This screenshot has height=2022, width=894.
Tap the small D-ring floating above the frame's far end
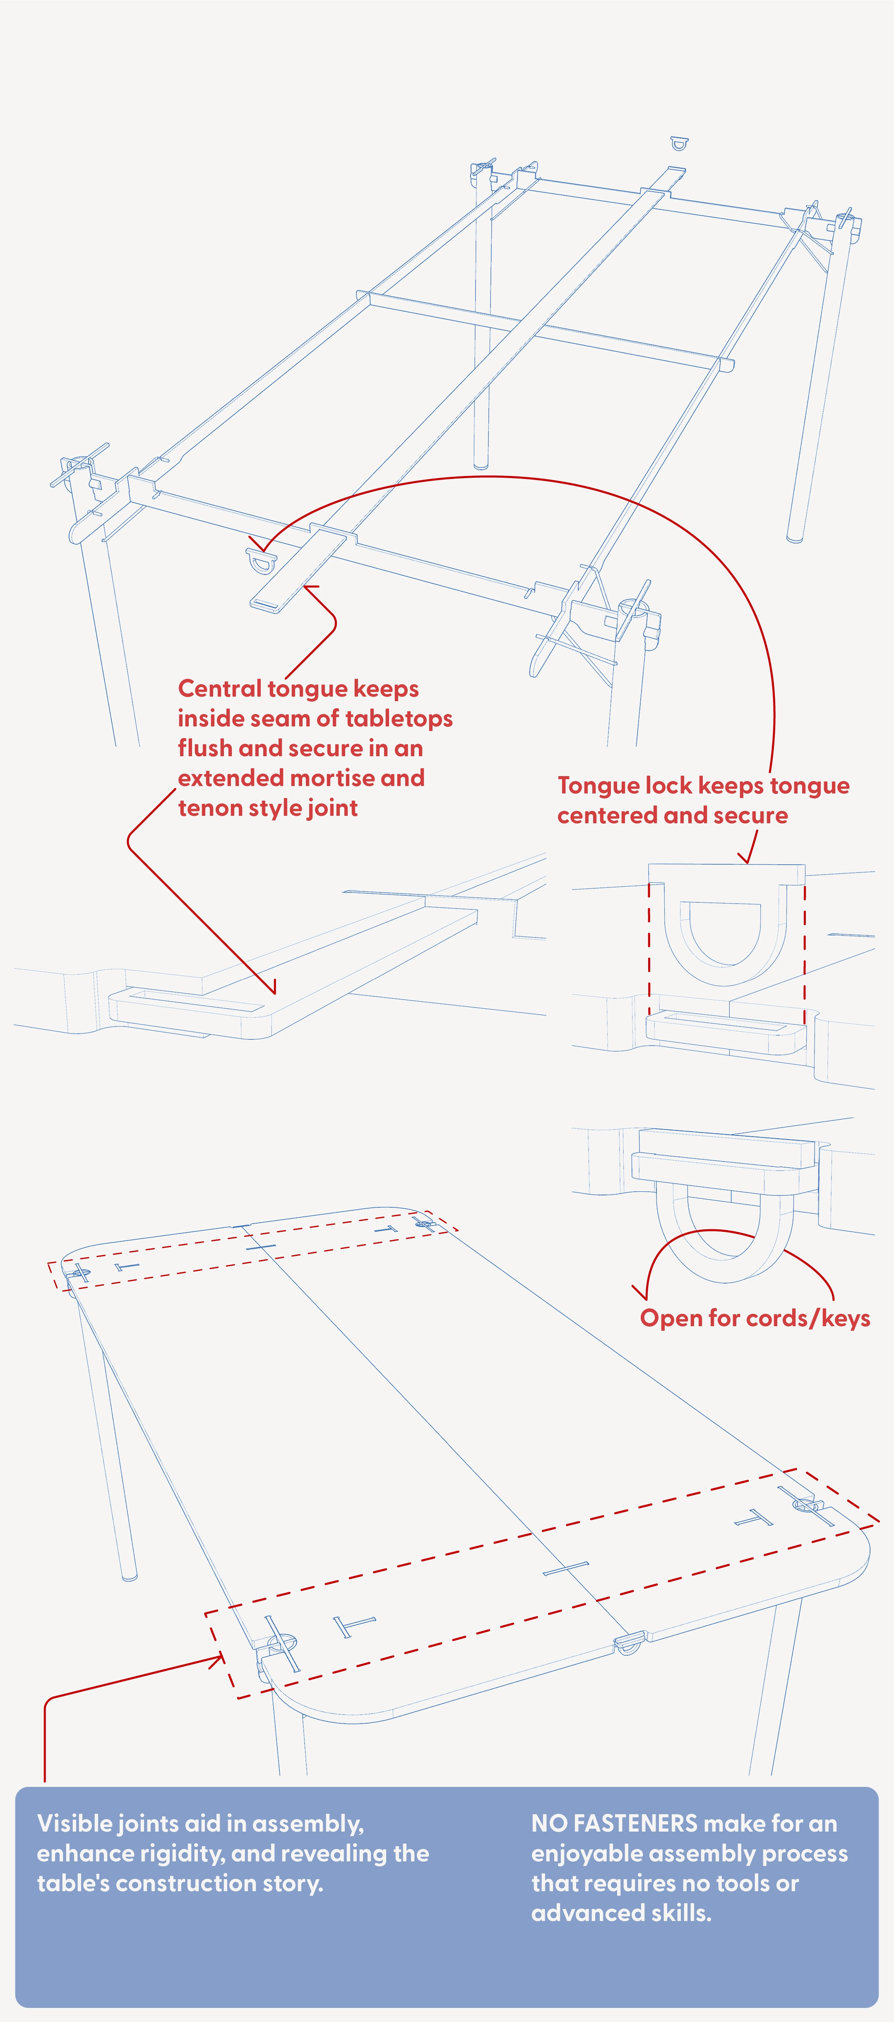pos(679,143)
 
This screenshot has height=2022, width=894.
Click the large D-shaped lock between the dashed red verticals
pos(725,934)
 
